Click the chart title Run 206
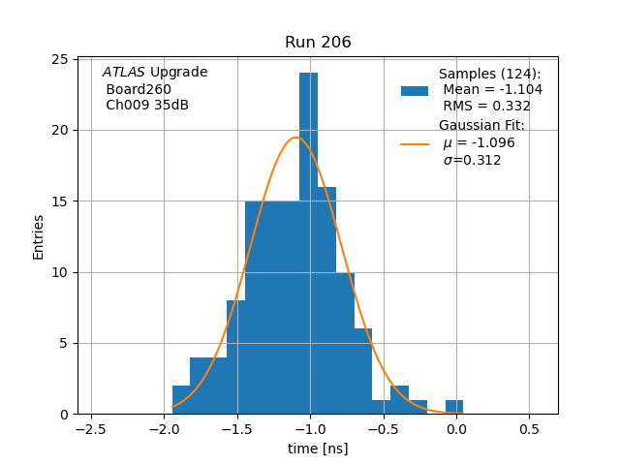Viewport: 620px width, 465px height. click(318, 43)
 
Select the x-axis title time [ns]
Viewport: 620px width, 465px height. click(318, 449)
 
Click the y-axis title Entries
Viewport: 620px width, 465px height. click(39, 236)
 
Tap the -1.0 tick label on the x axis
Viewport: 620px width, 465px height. click(309, 428)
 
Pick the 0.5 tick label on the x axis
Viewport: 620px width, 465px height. click(529, 428)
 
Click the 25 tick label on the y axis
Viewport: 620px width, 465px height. click(58, 59)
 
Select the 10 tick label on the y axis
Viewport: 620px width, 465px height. click(58, 272)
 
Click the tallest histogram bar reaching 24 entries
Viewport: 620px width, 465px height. click(308, 242)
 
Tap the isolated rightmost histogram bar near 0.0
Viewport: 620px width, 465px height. click(454, 407)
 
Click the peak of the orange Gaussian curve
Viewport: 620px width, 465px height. click(296, 138)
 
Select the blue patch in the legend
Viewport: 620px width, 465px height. click(415, 90)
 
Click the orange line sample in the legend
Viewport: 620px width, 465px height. click(415, 143)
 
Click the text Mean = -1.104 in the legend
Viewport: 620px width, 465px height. click(492, 89)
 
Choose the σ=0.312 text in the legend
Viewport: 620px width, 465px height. click(472, 160)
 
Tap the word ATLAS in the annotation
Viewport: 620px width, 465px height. click(123, 73)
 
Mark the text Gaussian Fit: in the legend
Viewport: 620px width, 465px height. click(481, 126)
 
